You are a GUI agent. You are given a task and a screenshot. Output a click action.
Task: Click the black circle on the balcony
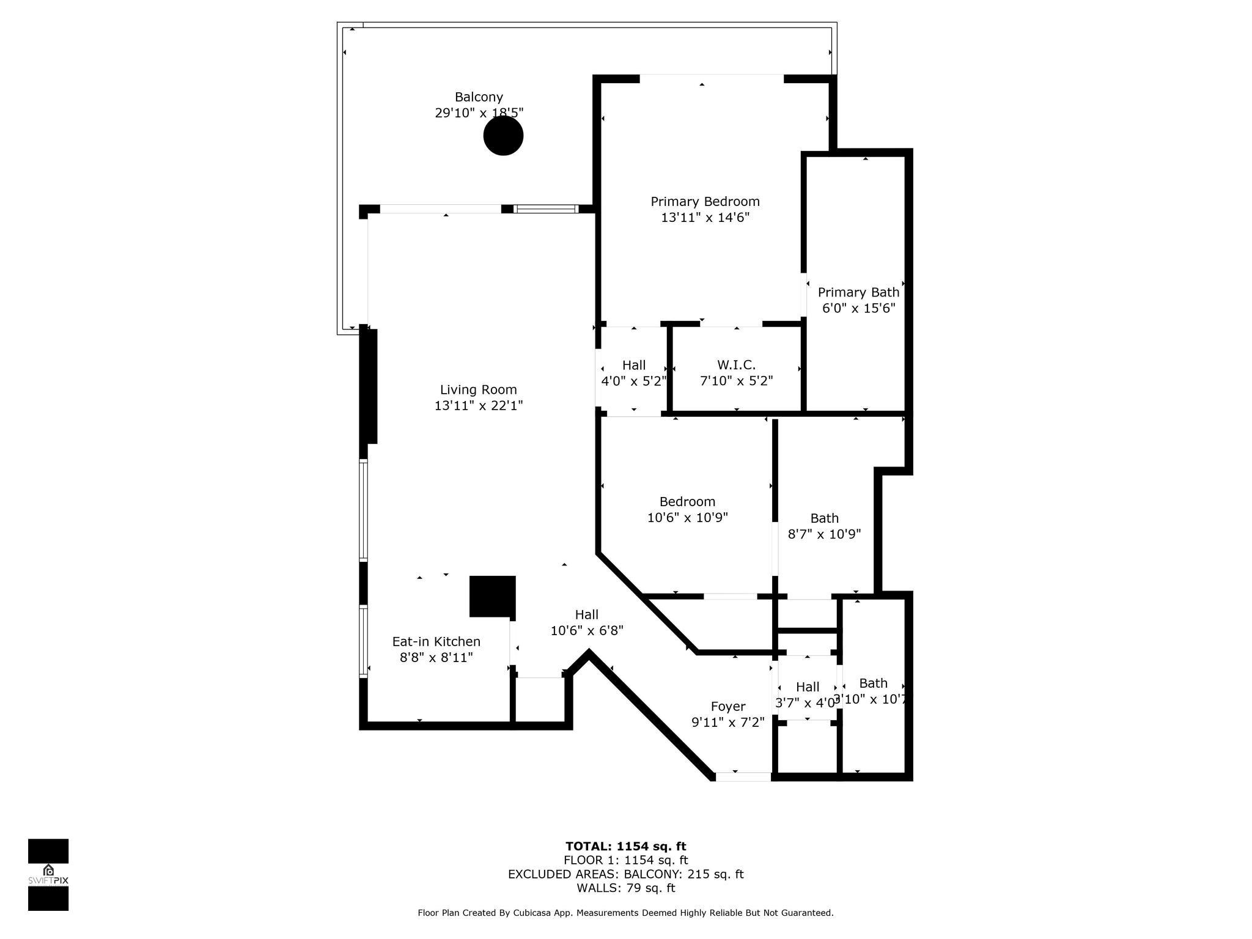(x=503, y=136)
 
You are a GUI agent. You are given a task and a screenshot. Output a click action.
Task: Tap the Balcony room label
(x=479, y=97)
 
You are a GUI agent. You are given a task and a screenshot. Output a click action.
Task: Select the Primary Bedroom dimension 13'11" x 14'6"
(x=705, y=218)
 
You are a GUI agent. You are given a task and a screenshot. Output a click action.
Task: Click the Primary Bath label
(x=858, y=292)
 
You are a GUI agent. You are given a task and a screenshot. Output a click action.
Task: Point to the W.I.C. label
(x=736, y=365)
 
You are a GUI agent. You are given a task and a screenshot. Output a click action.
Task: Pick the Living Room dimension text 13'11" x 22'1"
(x=479, y=406)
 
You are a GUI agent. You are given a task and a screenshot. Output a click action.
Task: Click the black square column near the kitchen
(x=492, y=596)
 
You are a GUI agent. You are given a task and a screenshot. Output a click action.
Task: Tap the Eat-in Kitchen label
(x=436, y=641)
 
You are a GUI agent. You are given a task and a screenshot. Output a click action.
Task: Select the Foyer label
(x=727, y=707)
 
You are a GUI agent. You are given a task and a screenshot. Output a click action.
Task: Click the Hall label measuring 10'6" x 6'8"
(x=586, y=614)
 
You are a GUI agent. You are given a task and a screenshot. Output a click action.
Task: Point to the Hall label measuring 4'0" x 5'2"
(x=634, y=365)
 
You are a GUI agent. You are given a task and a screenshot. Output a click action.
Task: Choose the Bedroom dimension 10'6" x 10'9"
(x=687, y=518)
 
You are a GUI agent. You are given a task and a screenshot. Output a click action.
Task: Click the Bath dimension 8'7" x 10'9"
(x=824, y=534)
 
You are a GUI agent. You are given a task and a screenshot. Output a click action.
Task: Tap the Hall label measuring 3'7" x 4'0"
(x=807, y=687)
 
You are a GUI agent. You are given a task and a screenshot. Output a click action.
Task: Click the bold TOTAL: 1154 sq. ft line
(x=625, y=846)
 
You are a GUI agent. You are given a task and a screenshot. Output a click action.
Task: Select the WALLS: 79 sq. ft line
(x=625, y=888)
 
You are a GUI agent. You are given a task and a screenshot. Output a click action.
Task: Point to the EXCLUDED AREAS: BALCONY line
(x=625, y=874)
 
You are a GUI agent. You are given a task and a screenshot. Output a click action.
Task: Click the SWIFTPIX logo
(x=48, y=874)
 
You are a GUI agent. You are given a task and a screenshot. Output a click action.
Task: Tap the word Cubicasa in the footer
(x=536, y=913)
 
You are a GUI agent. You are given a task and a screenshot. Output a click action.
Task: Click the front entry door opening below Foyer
(x=743, y=777)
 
